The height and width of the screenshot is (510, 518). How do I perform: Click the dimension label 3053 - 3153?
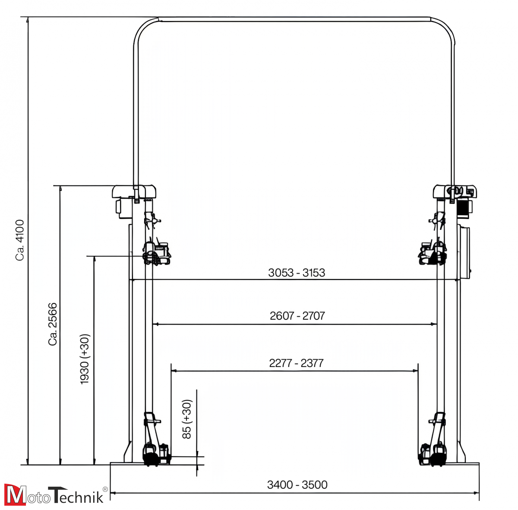296,273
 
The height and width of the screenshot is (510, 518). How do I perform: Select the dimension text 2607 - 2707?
297,316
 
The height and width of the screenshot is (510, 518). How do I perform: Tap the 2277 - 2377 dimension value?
296,363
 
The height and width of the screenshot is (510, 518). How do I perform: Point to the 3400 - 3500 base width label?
297,484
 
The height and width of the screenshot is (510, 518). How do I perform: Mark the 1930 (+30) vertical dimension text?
85,359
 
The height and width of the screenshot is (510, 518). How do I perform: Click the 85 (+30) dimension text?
186,419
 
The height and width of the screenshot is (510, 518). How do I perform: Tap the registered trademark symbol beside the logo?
105,488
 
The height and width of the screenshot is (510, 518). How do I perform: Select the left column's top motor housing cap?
134,191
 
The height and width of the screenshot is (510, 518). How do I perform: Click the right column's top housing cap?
454,191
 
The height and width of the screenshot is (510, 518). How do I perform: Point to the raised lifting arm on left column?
157,253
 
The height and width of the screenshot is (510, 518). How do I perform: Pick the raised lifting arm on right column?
432,253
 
